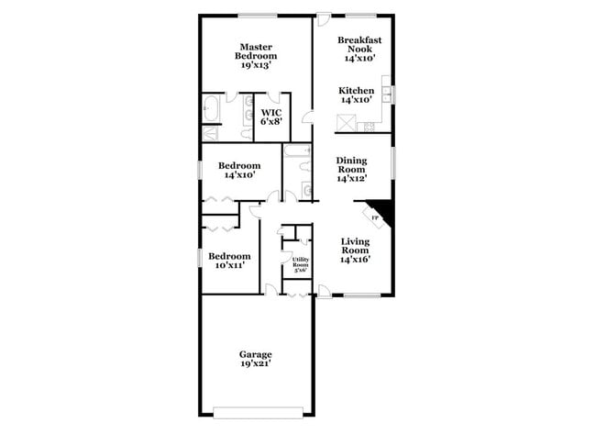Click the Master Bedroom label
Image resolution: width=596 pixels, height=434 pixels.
(258, 50)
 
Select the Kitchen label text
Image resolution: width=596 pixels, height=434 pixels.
(356, 91)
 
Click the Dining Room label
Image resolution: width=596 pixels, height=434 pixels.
(350, 164)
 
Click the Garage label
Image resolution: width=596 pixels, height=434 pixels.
(256, 354)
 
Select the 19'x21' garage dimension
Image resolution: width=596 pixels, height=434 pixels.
(256, 364)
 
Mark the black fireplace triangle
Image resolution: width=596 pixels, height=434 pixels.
(381, 212)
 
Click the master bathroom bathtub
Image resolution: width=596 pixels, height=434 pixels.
(210, 108)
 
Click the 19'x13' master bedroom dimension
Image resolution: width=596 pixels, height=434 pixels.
(258, 66)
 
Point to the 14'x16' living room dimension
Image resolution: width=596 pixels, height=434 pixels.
(355, 259)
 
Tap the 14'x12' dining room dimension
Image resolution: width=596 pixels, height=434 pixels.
(350, 179)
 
